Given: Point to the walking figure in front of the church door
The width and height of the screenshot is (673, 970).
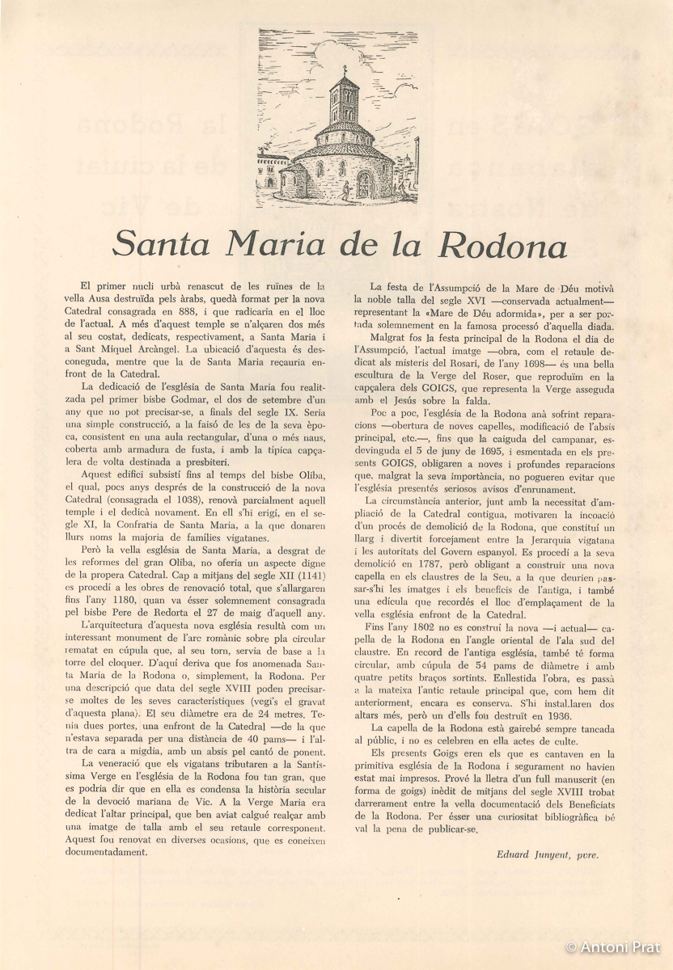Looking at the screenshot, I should pyautogui.click(x=345, y=191).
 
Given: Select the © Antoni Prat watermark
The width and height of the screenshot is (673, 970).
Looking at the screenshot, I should pyautogui.click(x=614, y=947).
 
